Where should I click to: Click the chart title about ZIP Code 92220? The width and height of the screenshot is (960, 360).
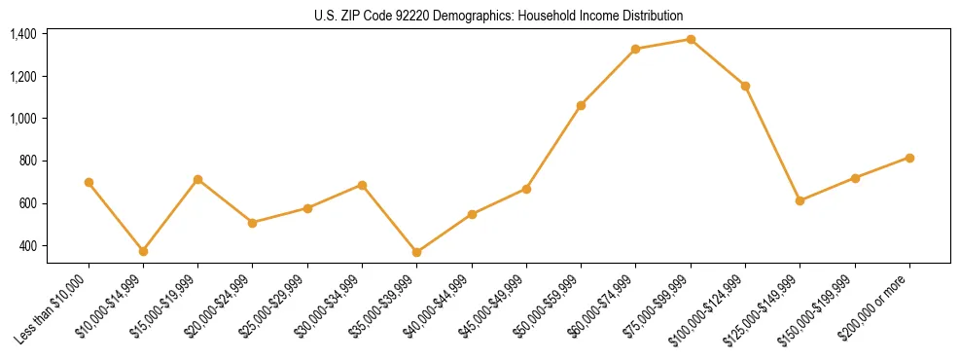click(499, 16)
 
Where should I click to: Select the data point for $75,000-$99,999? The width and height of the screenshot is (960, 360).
click(691, 40)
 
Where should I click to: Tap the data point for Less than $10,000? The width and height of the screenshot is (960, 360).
click(89, 182)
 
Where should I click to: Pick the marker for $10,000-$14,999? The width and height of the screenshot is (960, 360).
click(143, 251)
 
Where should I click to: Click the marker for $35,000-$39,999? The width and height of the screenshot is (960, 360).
click(362, 252)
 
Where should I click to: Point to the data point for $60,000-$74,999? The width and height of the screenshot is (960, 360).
click(635, 49)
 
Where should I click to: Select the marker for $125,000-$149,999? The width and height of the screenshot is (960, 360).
click(800, 200)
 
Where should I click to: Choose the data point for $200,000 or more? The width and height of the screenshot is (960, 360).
click(909, 158)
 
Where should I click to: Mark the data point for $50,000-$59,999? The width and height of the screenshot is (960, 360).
click(581, 105)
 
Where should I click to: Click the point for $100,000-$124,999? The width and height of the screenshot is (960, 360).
click(745, 86)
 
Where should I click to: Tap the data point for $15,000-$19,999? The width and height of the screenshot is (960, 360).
click(197, 179)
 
